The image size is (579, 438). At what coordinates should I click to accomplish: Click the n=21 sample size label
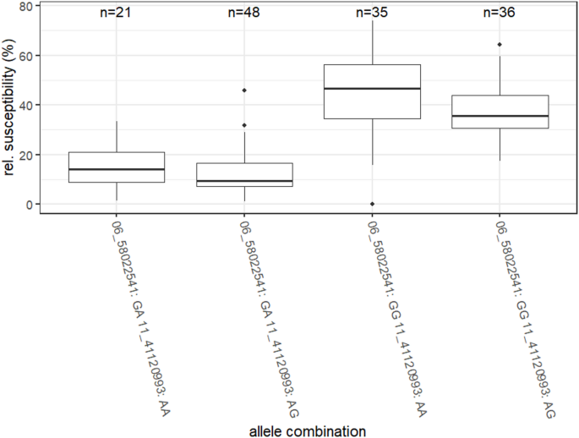click(x=117, y=13)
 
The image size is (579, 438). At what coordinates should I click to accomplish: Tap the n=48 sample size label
click(x=244, y=13)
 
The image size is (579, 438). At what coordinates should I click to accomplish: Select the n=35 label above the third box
click(x=372, y=13)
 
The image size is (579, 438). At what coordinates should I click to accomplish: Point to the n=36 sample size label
click(x=500, y=13)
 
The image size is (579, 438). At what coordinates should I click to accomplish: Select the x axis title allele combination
click(x=308, y=430)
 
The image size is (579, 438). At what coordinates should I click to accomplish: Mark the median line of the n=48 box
click(x=244, y=181)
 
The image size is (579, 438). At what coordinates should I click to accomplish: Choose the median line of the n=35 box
click(x=372, y=89)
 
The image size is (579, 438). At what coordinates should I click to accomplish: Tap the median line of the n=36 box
click(x=500, y=116)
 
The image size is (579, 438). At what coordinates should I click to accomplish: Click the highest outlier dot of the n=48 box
click(x=244, y=90)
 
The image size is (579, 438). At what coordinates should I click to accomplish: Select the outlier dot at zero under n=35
click(x=372, y=204)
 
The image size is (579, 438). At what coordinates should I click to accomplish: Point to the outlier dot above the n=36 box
click(x=500, y=45)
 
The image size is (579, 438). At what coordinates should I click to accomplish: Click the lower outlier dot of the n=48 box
click(x=244, y=125)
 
